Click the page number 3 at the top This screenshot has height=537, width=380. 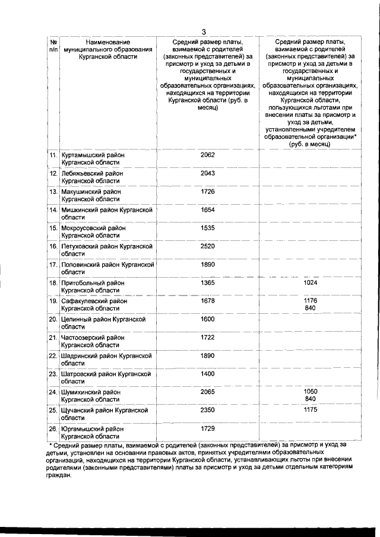click(x=204, y=32)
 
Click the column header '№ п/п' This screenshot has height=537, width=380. click(x=53, y=46)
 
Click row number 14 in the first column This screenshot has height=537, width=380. click(x=53, y=210)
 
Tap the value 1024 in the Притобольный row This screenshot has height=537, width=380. click(x=311, y=283)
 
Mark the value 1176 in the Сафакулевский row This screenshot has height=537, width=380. click(x=311, y=301)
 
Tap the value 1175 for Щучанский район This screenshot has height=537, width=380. click(x=311, y=410)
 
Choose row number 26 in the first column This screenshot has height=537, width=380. click(x=53, y=428)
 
